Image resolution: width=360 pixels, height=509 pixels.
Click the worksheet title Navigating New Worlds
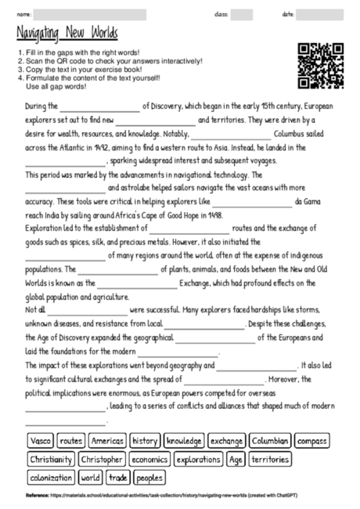[x=67, y=33]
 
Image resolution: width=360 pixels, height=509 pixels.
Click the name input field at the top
[x=90, y=14]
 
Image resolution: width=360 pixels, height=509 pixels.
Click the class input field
[x=241, y=14]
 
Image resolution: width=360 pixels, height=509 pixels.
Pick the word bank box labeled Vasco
[x=38, y=441]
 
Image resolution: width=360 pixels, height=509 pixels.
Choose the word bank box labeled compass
[x=312, y=441]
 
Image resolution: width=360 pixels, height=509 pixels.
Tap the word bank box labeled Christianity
[x=51, y=459]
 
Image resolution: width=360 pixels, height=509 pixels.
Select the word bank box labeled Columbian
[x=270, y=441]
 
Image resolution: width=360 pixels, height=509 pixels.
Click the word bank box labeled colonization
[x=51, y=477]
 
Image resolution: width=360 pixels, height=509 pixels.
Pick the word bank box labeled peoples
[x=149, y=477]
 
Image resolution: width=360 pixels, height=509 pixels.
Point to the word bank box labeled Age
[x=236, y=459]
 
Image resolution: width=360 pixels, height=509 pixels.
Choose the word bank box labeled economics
[x=149, y=459]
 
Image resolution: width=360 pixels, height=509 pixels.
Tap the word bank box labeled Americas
[x=106, y=441]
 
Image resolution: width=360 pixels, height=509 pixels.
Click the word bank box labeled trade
[x=118, y=477]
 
